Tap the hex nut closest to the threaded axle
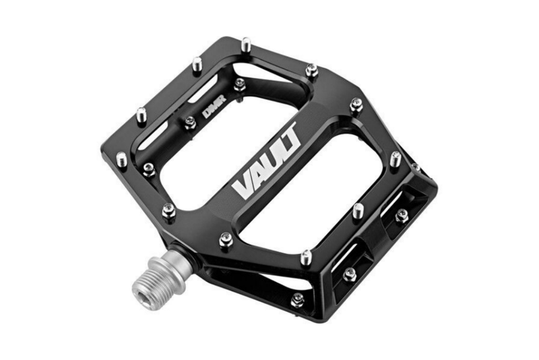tap(168, 211)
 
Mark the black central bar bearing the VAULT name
tap(269, 169)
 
